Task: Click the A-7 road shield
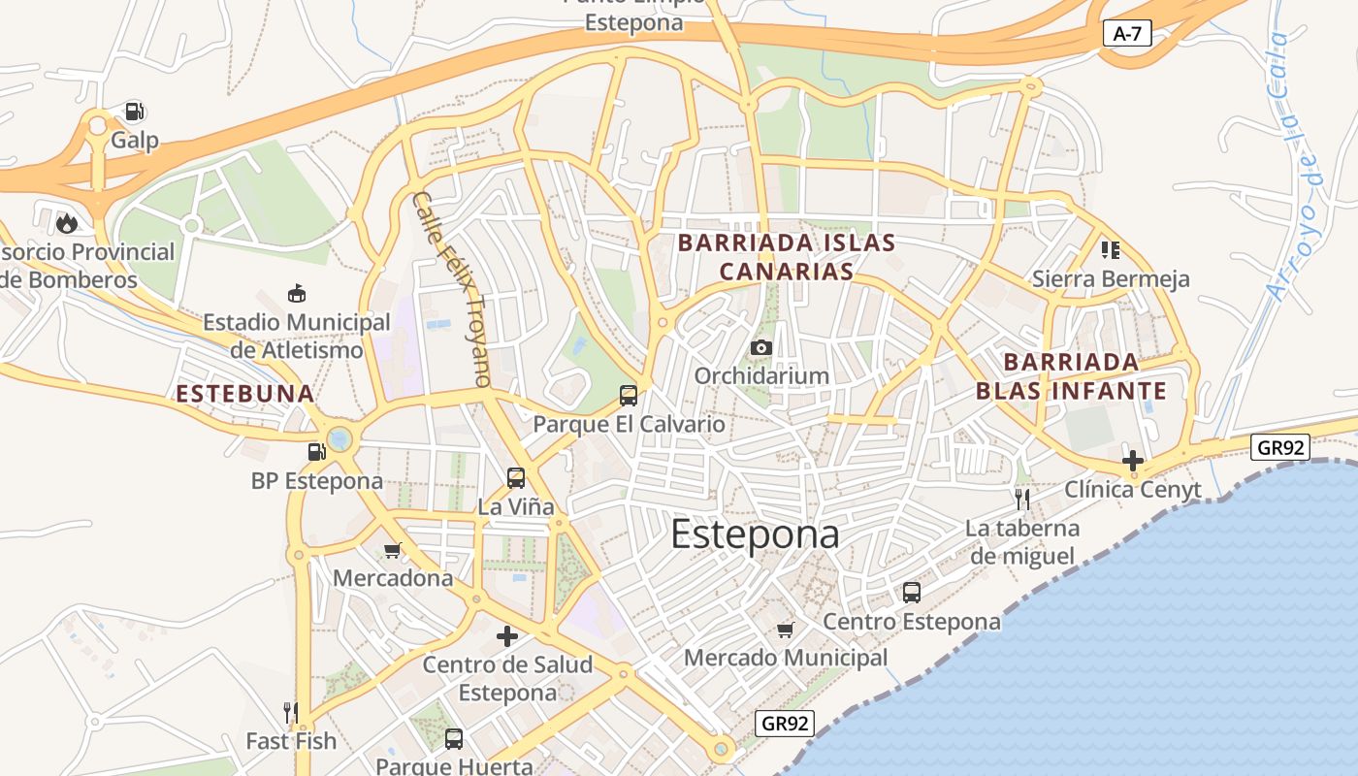coord(1127,34)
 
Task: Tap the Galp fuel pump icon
coord(135,111)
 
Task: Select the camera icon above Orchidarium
coord(761,347)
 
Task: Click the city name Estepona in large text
coord(755,534)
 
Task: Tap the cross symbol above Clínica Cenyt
coord(1132,460)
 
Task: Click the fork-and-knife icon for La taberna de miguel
coord(1021,500)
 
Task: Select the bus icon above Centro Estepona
coord(911,592)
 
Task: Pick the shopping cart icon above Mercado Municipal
coord(786,630)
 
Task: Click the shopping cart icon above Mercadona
coord(392,550)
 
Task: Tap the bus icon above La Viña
coord(516,477)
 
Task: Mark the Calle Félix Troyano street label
coord(452,288)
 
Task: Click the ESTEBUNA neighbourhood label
coord(245,394)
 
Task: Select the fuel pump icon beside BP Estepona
coord(316,451)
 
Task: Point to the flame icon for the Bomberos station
coord(66,223)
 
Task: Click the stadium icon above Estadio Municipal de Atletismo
coord(296,293)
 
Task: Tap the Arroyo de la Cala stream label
coord(1294,165)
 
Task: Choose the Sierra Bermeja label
coord(1111,279)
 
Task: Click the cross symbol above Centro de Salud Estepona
coord(506,636)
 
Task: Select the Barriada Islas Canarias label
coord(786,256)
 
